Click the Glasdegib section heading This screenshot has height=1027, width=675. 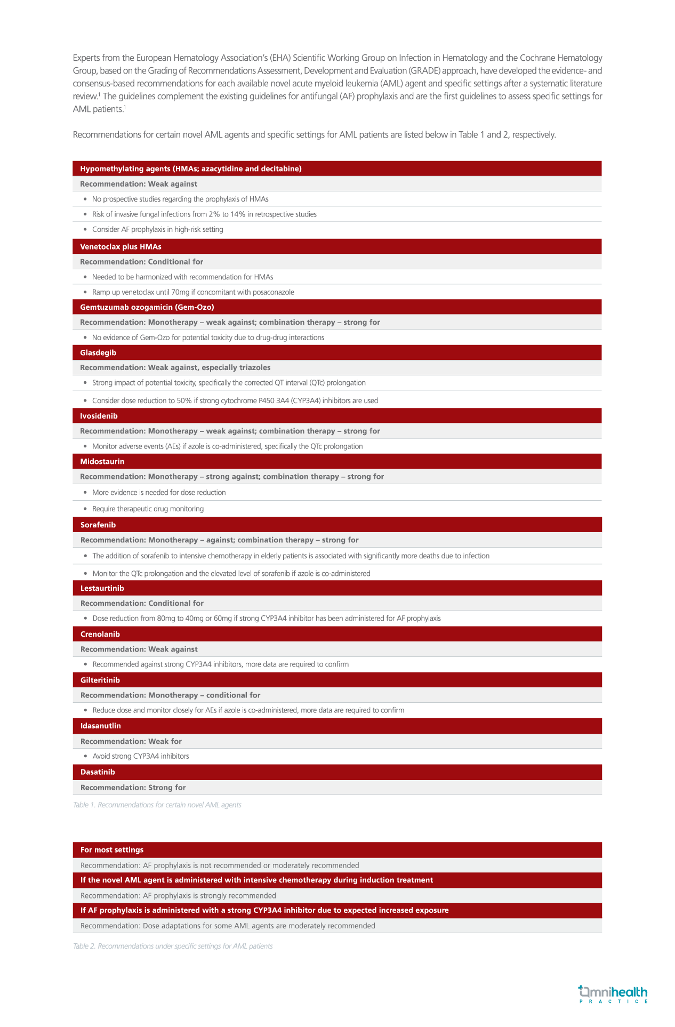[x=98, y=352]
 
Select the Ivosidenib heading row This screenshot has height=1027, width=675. [x=99, y=416]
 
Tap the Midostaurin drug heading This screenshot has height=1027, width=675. [x=102, y=461]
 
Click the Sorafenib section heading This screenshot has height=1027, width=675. [x=98, y=525]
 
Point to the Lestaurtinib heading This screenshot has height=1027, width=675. [x=102, y=588]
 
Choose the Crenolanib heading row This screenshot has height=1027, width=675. [x=100, y=634]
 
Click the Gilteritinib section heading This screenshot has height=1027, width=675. [x=100, y=680]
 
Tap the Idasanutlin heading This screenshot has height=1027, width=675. [x=101, y=726]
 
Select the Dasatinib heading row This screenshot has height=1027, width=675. [x=98, y=772]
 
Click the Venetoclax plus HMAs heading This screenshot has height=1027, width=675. [x=120, y=246]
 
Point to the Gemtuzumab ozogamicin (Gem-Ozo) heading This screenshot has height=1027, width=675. [x=147, y=307]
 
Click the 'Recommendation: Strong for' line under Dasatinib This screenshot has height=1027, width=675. [x=133, y=788]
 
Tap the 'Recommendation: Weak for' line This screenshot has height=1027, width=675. [x=131, y=741]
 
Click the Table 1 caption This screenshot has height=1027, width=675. [x=157, y=805]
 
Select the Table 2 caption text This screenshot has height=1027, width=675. [x=173, y=946]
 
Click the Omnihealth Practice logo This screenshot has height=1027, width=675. [x=613, y=994]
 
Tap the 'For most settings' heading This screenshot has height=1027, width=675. [x=112, y=850]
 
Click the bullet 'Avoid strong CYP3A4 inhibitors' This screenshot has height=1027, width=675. [x=141, y=756]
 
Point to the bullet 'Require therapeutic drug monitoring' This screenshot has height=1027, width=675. [x=148, y=509]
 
